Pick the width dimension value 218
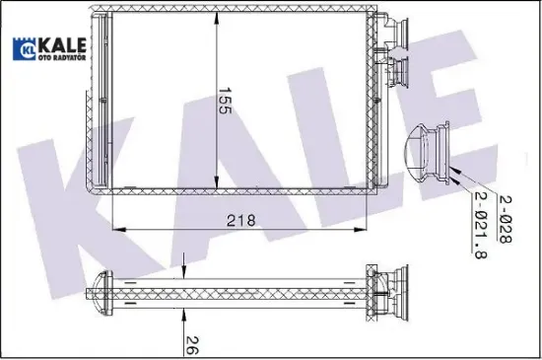click(x=239, y=220)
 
